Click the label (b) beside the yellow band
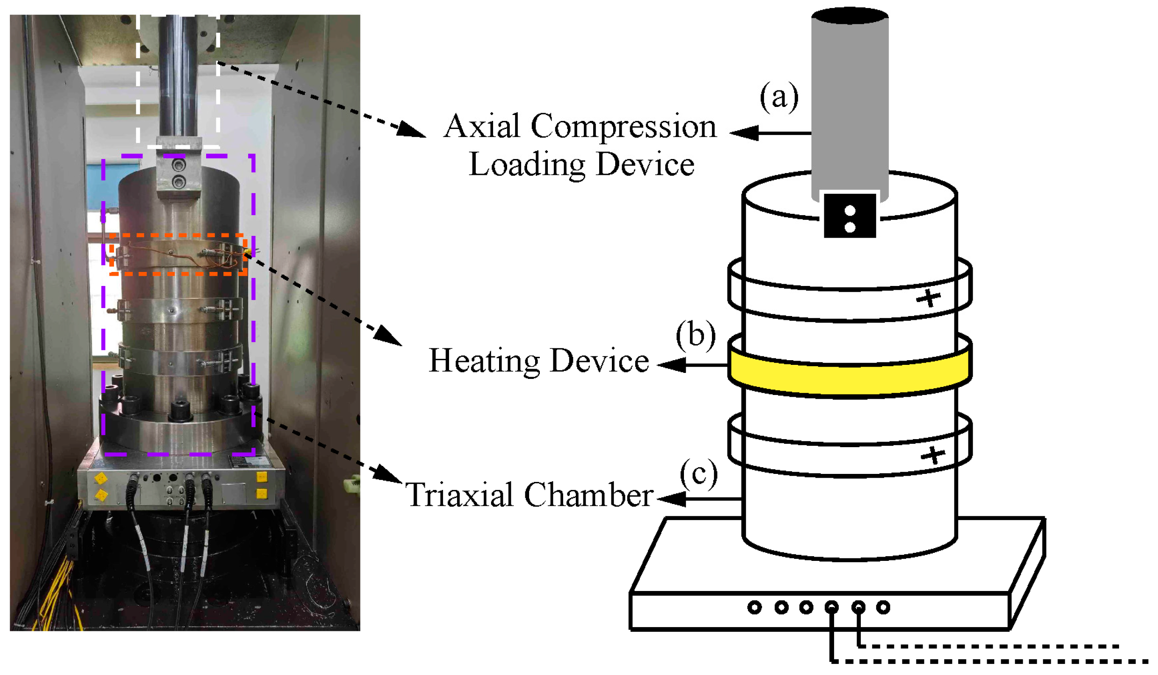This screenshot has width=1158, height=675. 695,336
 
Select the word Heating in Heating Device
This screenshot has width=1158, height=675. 484,362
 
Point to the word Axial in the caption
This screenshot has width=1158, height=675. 482,126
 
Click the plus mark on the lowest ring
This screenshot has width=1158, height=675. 933,455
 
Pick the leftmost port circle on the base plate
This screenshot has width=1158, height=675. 754,608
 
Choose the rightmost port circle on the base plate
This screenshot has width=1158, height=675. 883,608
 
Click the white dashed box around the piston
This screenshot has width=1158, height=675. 138,83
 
